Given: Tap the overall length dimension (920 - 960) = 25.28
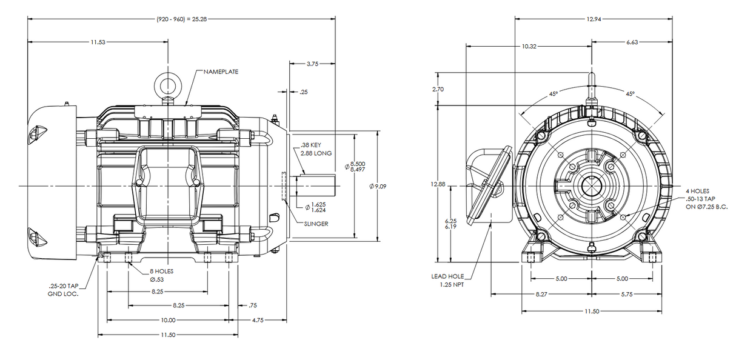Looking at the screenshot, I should (182, 19).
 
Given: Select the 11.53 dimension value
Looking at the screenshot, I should (98, 42).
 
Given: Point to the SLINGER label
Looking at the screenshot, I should (316, 223).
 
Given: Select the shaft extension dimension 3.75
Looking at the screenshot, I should (313, 63).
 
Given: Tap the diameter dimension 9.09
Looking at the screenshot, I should (378, 186).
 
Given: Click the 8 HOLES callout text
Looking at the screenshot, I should (162, 272).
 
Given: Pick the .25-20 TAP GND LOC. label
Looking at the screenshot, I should (64, 290).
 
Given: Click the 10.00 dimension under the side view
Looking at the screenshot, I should (168, 320).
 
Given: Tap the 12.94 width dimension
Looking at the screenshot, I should (594, 19).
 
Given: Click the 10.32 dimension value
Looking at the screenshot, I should (529, 46).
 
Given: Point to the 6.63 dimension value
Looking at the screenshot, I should (631, 42).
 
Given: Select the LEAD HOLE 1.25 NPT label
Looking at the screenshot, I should (447, 280).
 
